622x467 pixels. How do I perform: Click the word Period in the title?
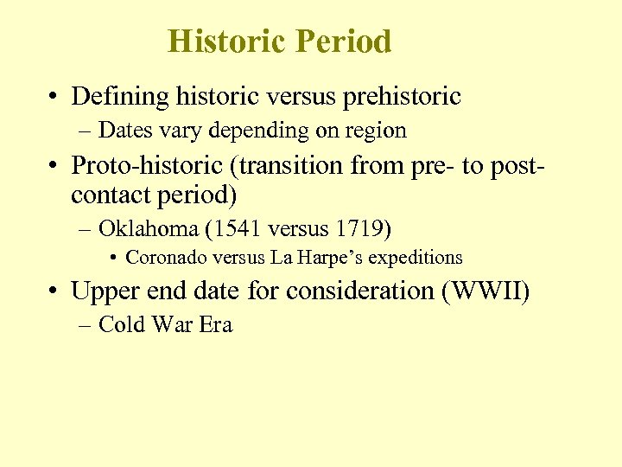click(x=343, y=42)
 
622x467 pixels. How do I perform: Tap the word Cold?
click(x=120, y=325)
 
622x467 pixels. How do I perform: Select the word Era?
click(x=216, y=325)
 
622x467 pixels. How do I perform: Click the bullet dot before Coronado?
click(x=115, y=258)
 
